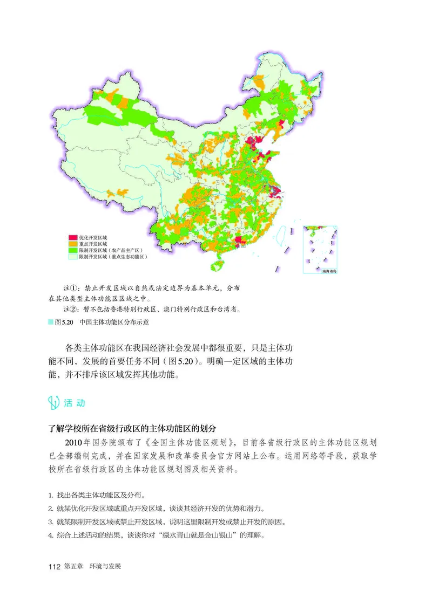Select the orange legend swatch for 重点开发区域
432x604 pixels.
[72, 244]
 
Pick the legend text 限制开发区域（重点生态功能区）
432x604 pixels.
[113, 257]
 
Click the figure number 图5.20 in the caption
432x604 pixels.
[64, 322]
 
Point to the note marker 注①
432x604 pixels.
[71, 287]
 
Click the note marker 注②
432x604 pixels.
[71, 310]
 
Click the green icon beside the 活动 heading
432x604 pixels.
[54, 402]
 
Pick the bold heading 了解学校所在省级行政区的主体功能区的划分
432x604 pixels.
[133, 429]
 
